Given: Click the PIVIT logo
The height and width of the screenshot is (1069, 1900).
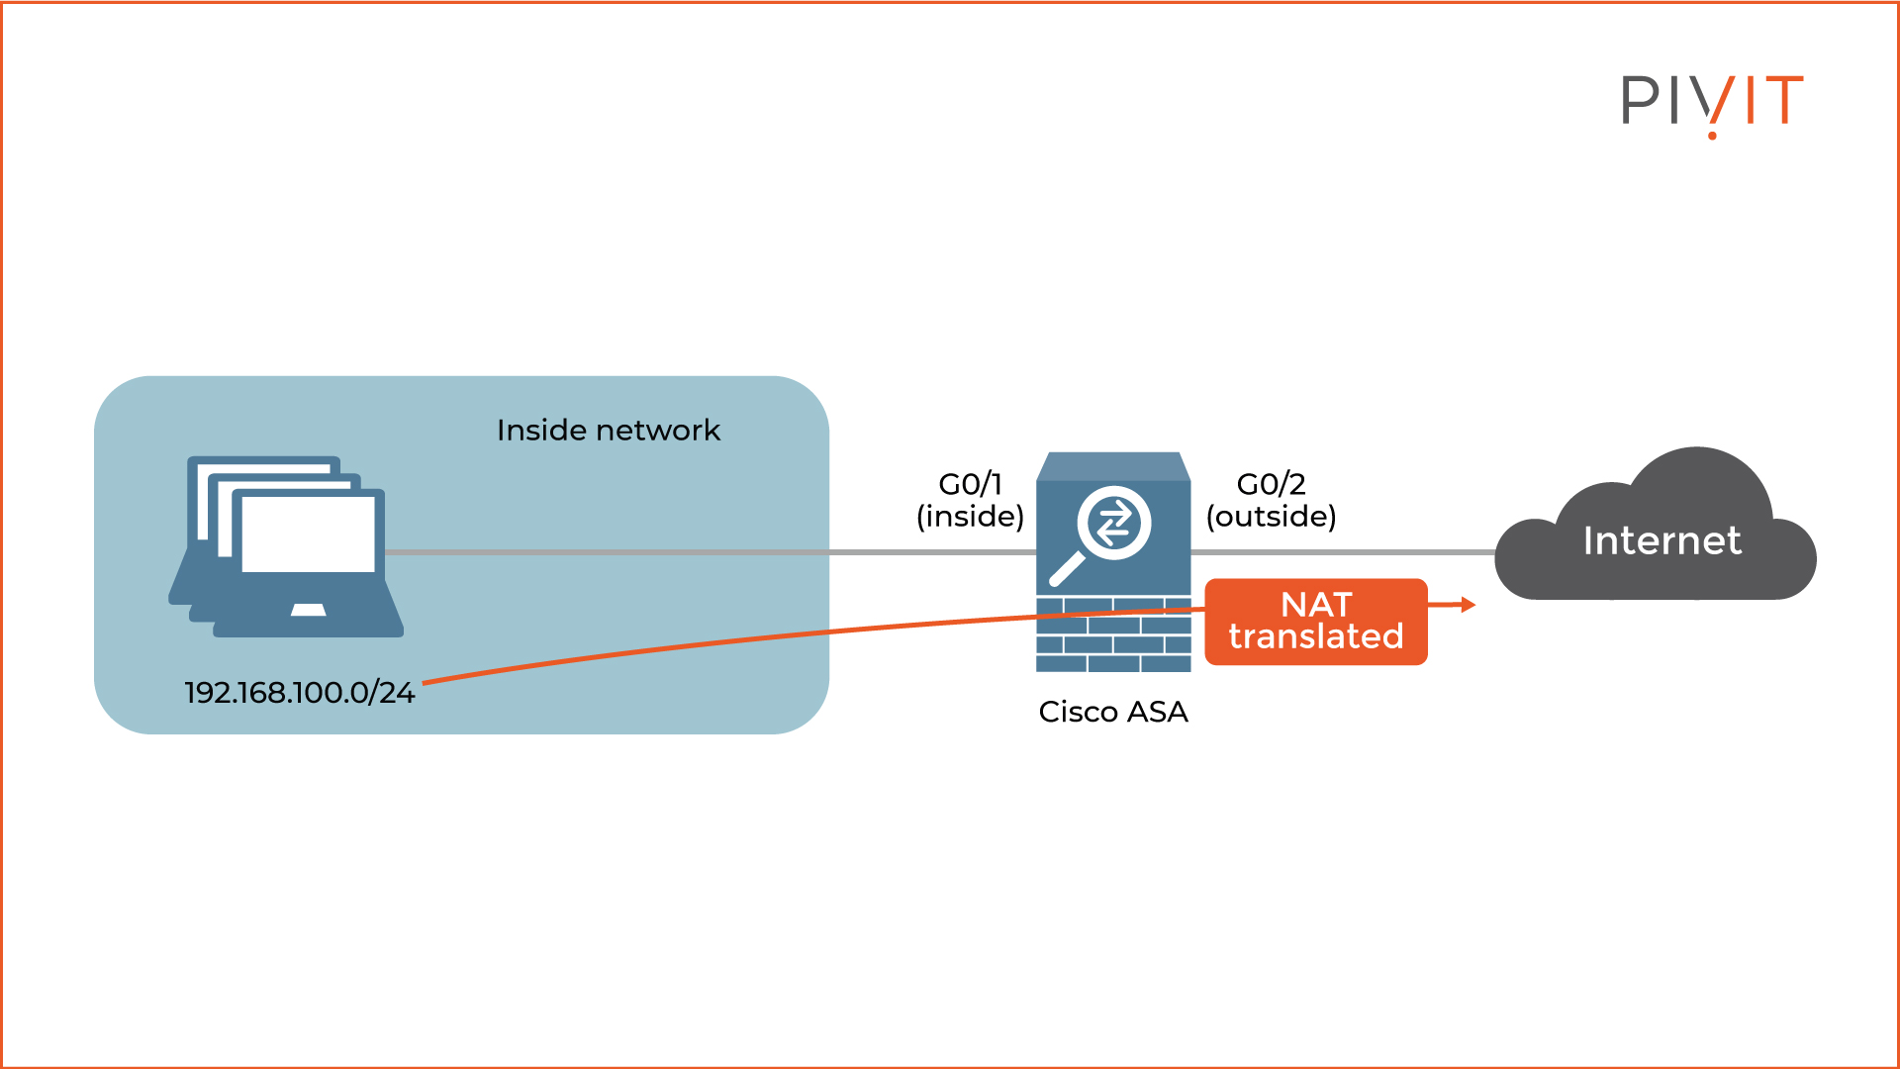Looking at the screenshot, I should pyautogui.click(x=1712, y=101).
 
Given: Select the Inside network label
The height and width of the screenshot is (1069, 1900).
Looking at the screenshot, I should pyautogui.click(x=608, y=431).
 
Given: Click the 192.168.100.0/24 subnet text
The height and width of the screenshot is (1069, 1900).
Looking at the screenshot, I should pyautogui.click(x=299, y=693).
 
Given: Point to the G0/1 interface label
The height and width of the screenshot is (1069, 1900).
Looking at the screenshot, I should pyautogui.click(x=970, y=484).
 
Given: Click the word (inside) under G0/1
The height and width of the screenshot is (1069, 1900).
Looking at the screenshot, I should pyautogui.click(x=970, y=517).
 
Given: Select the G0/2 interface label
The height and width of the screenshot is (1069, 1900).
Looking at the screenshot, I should pyautogui.click(x=1271, y=484).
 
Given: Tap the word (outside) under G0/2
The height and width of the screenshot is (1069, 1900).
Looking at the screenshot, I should pyautogui.click(x=1271, y=517).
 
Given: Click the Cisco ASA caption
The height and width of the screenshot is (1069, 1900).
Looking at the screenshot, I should pyautogui.click(x=1112, y=712).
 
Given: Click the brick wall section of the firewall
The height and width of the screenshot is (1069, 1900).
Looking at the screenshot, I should pyautogui.click(x=1112, y=643).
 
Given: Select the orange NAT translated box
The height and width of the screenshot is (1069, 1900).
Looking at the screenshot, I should pyautogui.click(x=1315, y=622).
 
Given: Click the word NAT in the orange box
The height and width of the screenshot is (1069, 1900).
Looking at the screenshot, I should pyautogui.click(x=1315, y=605).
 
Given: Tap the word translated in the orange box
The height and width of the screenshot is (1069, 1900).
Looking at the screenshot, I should pyautogui.click(x=1315, y=636).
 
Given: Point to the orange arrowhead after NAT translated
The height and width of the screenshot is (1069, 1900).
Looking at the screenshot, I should pyautogui.click(x=1469, y=604).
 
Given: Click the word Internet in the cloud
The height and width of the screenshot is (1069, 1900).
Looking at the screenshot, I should pyautogui.click(x=1662, y=540).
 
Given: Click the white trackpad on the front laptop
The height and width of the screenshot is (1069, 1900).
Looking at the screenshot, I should pyautogui.click(x=308, y=610).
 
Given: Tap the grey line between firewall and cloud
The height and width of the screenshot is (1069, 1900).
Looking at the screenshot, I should pyautogui.click(x=1346, y=551).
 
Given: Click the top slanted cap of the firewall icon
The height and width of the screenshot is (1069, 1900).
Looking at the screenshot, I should pyautogui.click(x=1112, y=466).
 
